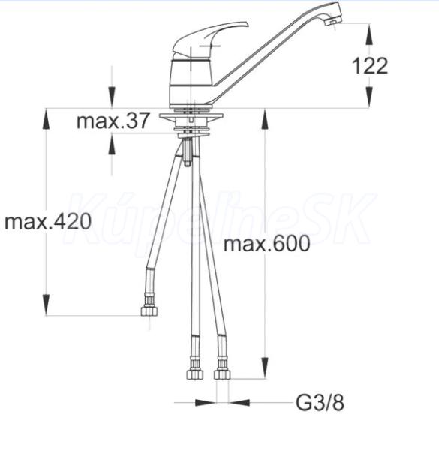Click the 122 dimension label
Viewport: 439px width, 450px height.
[x=370, y=66]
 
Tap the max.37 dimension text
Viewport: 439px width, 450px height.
[x=113, y=121]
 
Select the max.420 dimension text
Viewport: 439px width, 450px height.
[x=48, y=221]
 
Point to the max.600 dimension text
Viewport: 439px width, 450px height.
[x=266, y=243]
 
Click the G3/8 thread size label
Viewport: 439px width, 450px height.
[x=320, y=403]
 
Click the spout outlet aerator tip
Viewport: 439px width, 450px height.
[x=334, y=22]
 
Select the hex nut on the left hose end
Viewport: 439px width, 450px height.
[x=149, y=311]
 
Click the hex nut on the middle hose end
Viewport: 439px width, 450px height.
[x=195, y=374]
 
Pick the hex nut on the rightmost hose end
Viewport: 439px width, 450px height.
[x=222, y=374]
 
